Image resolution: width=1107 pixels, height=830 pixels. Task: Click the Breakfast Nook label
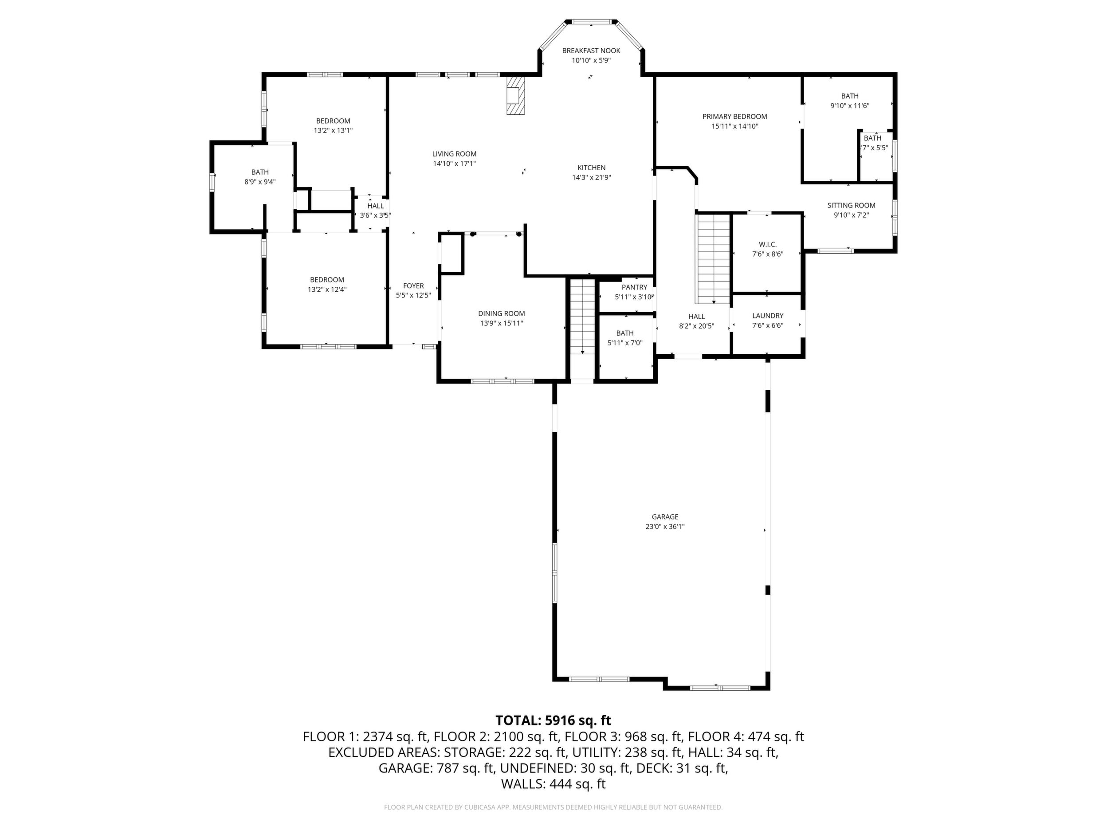591,51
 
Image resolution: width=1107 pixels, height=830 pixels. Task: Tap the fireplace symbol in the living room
515,96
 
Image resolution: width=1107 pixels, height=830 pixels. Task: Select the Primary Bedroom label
734,117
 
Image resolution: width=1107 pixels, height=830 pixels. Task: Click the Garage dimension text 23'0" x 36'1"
665,526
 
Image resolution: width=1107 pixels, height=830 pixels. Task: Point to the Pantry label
635,287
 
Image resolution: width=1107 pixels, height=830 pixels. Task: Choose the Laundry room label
768,316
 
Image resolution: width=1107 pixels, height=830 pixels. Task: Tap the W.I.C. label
768,244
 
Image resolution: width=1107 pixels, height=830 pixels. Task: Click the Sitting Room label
851,205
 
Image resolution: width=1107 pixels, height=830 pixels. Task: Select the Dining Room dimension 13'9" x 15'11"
502,323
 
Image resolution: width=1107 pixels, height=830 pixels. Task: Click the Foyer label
413,286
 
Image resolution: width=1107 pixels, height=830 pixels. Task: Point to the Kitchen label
592,168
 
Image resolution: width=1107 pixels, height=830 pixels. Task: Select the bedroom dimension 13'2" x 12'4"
327,289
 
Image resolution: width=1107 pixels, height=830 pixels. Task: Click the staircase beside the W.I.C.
714,258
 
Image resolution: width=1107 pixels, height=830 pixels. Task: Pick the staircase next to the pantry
582,317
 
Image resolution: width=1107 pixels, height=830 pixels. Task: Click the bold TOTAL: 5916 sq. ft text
553,720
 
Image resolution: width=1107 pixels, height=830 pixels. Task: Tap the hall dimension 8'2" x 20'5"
697,326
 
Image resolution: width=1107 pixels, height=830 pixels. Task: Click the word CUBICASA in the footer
480,807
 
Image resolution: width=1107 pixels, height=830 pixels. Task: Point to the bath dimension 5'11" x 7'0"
625,343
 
